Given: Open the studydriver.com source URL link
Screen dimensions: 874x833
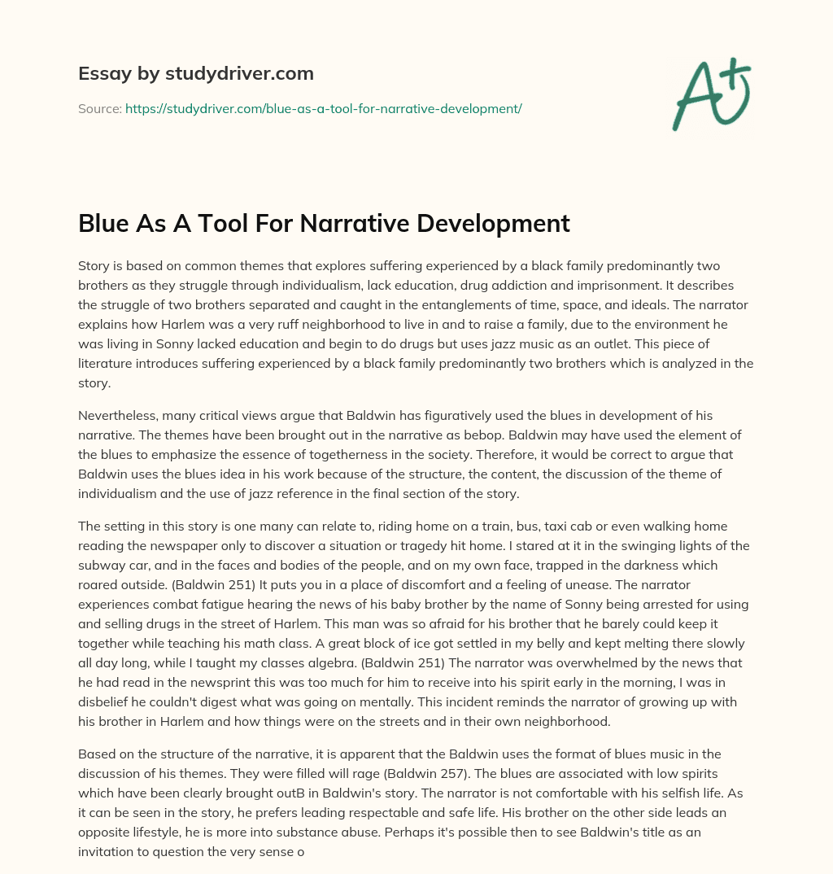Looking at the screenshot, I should point(323,108).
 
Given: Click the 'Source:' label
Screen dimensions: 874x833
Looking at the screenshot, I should point(100,108).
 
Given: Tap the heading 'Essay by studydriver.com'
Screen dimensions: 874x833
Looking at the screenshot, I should point(195,73).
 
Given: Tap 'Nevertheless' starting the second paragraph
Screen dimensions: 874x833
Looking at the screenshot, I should point(116,416).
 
